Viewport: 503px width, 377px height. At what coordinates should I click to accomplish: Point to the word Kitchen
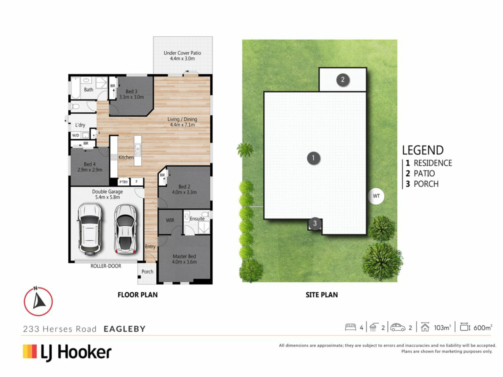click(x=126, y=157)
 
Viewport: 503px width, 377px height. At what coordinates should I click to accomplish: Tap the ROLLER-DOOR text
click(x=106, y=266)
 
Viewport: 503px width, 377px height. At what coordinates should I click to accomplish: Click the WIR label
click(x=170, y=220)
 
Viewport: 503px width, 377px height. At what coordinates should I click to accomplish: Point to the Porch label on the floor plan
click(x=147, y=272)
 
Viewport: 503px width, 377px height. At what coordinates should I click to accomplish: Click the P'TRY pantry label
click(x=124, y=182)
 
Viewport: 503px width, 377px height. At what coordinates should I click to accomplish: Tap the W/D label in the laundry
click(x=76, y=135)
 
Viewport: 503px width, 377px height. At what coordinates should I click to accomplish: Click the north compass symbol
click(x=38, y=301)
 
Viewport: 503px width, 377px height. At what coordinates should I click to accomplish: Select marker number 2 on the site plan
click(x=343, y=79)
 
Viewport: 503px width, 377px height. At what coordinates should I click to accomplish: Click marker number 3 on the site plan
click(x=315, y=223)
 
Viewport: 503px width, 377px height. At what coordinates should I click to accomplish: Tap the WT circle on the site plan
click(x=376, y=196)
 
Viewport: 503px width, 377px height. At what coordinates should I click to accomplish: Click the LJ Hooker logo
click(x=67, y=352)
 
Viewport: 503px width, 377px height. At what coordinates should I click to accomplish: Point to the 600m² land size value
click(x=483, y=328)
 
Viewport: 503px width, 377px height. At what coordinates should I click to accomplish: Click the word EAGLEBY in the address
click(x=124, y=329)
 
